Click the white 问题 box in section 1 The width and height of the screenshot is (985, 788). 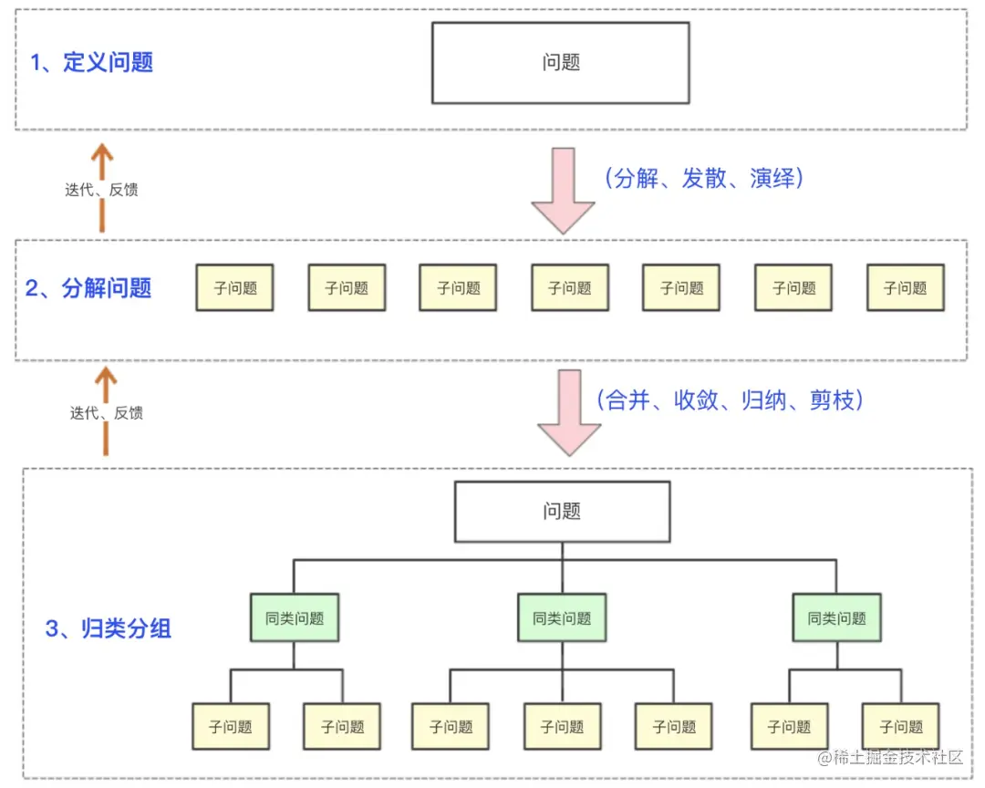(x=560, y=63)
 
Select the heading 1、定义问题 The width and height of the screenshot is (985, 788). (x=91, y=63)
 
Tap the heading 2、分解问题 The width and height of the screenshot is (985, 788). (x=88, y=288)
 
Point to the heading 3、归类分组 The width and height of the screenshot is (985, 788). (x=109, y=628)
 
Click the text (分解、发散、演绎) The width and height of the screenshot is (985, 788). (x=703, y=179)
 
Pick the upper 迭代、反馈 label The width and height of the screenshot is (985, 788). (x=101, y=191)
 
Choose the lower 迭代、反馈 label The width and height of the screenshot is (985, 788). (x=106, y=412)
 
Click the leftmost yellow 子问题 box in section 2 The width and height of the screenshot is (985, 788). (x=234, y=288)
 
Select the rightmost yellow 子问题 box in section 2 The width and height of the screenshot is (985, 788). (x=905, y=288)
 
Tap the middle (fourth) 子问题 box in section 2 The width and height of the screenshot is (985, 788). (x=570, y=288)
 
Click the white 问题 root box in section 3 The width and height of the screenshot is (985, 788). (x=562, y=512)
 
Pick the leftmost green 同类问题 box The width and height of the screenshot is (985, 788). (x=295, y=618)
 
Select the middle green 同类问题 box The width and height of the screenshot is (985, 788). (x=562, y=618)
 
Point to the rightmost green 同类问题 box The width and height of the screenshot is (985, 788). (x=836, y=618)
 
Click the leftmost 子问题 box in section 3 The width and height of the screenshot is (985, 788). (x=230, y=727)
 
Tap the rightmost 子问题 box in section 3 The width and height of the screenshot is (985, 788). (x=900, y=727)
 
